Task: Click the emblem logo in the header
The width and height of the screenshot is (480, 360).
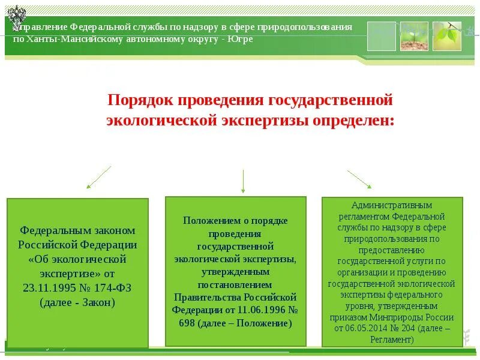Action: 16,16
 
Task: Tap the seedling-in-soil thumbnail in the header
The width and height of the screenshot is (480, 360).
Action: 415,36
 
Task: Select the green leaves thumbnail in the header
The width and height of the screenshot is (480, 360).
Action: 447,36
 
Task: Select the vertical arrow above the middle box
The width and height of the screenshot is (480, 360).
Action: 243,181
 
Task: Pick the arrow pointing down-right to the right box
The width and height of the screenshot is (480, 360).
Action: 359,179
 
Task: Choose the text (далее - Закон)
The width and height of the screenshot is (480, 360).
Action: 77,302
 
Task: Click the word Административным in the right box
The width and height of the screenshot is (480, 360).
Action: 392,205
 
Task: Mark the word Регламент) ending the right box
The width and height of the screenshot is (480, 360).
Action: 392,339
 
